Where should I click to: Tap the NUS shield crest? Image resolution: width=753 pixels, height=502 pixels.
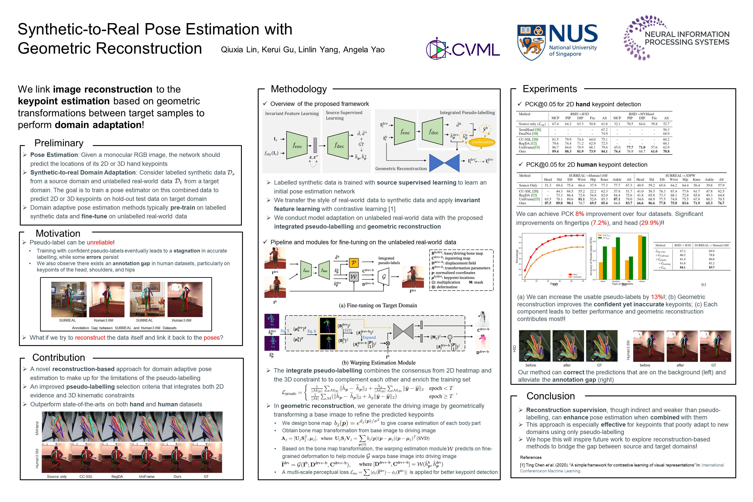[x=531, y=42]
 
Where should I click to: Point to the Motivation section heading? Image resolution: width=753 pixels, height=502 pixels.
[x=58, y=233]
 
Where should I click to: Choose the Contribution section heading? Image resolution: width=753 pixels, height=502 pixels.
[x=59, y=357]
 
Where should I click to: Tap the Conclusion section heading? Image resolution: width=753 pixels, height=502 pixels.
[x=550, y=396]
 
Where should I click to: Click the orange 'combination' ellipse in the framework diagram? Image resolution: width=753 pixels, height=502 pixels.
[x=482, y=142]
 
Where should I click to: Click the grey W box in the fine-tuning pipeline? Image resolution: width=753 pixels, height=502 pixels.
[x=353, y=276]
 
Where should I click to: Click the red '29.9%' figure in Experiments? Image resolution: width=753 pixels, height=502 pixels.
[x=650, y=223]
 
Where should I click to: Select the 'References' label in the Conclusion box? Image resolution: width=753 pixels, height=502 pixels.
[x=531, y=458]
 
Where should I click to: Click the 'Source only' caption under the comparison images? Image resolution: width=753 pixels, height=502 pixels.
[x=57, y=476]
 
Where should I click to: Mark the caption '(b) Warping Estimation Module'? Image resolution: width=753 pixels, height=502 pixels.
[x=378, y=363]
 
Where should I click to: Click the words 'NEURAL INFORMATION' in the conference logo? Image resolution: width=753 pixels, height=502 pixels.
[x=687, y=34]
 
